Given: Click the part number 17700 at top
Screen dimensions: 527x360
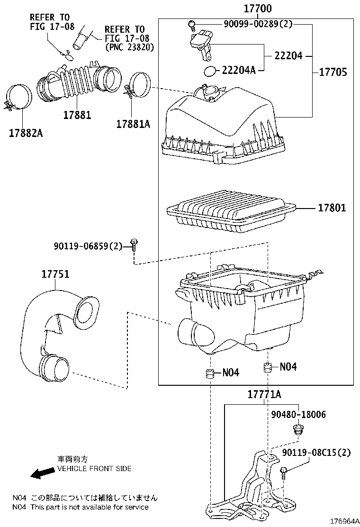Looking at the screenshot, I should point(258,9).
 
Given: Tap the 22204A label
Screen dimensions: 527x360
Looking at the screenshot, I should point(239,71).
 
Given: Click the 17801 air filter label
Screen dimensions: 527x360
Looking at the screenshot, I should point(332,208).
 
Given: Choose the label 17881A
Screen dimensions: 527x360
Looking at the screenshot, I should point(133,124).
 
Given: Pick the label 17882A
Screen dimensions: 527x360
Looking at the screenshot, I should point(26,133).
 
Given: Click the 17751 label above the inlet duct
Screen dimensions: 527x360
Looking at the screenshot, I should point(55,274).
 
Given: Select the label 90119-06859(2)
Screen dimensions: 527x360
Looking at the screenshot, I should point(88,245).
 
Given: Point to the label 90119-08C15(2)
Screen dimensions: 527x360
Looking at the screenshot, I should point(316,453).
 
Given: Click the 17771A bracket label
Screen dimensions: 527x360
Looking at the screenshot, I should point(264,395).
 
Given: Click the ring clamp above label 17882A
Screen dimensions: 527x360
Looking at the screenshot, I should point(19,97).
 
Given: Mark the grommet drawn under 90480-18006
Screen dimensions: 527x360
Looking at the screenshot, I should point(297,431).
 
